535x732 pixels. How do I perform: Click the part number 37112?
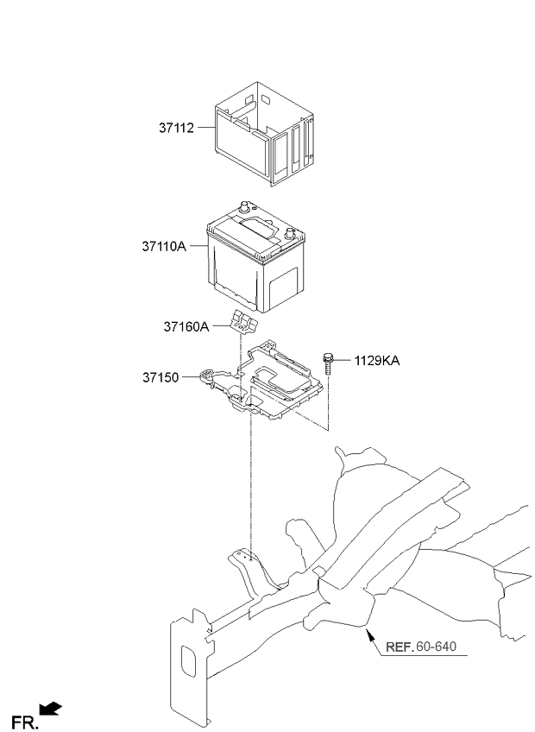[x=176, y=128]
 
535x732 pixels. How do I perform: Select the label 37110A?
[x=164, y=246]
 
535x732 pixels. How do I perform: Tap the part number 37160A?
[x=186, y=327]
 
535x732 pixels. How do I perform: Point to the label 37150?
[x=160, y=377]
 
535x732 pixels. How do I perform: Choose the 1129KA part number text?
[x=377, y=361]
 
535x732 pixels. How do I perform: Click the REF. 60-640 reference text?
[x=420, y=647]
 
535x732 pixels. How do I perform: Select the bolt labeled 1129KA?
[x=327, y=364]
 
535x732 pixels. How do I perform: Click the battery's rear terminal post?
[x=243, y=205]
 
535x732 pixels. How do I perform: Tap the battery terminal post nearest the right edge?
[x=289, y=232]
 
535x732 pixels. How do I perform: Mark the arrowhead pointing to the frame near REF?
[x=369, y=635]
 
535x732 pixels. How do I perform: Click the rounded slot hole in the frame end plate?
[x=188, y=661]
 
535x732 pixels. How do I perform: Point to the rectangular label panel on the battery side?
[x=284, y=287]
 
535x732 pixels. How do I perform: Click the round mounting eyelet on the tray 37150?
[x=206, y=375]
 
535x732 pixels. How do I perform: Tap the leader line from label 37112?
[x=206, y=127]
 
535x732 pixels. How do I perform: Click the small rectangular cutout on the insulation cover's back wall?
[x=266, y=99]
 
